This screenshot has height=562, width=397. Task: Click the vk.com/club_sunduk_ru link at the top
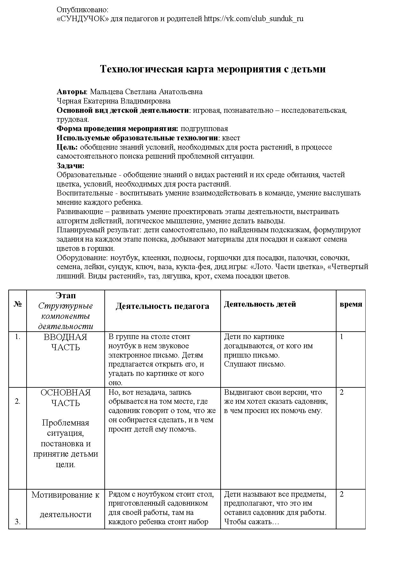pyautogui.click(x=254, y=19)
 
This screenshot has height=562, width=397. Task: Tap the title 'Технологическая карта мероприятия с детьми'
pyautogui.click(x=213, y=69)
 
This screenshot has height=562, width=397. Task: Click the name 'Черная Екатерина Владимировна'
pyautogui.click(x=114, y=101)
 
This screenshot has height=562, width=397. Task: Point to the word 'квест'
pyautogui.click(x=231, y=138)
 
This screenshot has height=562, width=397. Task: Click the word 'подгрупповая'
pyautogui.click(x=204, y=129)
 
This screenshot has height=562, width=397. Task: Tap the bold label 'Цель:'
pyautogui.click(x=67, y=147)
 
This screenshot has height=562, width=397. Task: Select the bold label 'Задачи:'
pyautogui.click(x=70, y=166)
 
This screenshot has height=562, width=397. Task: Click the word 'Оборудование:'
pyautogui.click(x=82, y=258)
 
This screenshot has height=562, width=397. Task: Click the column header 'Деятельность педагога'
pyautogui.click(x=162, y=306)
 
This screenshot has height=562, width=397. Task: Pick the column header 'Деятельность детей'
pyautogui.click(x=260, y=304)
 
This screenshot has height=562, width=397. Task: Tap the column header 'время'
pyautogui.click(x=351, y=304)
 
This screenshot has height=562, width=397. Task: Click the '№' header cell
pyautogui.click(x=18, y=304)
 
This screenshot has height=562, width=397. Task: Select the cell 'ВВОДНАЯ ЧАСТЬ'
pyautogui.click(x=66, y=342)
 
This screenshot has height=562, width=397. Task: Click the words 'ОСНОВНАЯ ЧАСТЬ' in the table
pyautogui.click(x=66, y=398)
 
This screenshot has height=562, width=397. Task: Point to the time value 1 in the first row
pyautogui.click(x=342, y=337)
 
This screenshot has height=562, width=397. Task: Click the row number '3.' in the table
pyautogui.click(x=18, y=522)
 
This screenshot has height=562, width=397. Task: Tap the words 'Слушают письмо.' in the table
pyautogui.click(x=255, y=364)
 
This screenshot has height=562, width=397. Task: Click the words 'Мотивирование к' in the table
pyautogui.click(x=66, y=495)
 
